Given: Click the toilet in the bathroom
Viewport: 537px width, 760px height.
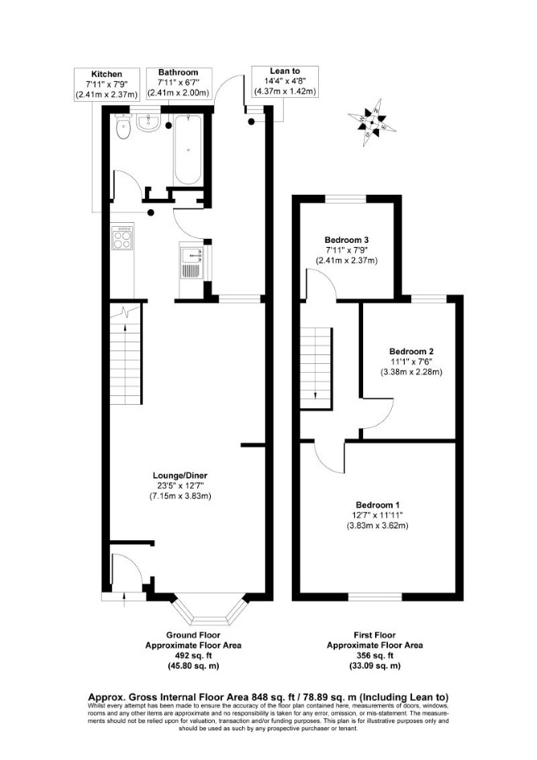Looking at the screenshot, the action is (x=123, y=126).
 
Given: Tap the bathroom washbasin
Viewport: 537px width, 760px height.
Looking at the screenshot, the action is (x=148, y=123).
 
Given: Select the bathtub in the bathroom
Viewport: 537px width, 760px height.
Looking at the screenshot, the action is (x=188, y=150).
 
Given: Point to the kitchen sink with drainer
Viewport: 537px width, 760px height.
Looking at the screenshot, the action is (x=192, y=262).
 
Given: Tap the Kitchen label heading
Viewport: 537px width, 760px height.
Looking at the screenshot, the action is (x=107, y=75).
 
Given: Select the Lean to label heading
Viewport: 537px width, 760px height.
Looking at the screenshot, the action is (x=285, y=71).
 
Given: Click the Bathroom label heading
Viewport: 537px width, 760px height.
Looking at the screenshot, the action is (x=179, y=72).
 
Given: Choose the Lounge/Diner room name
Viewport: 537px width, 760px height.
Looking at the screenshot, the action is (x=180, y=475).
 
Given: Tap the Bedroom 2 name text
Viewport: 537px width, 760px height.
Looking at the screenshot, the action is (x=411, y=351).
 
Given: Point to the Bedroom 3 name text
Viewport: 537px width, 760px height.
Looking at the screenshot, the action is (x=346, y=240).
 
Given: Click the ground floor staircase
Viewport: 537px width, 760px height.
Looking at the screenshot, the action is (x=126, y=354).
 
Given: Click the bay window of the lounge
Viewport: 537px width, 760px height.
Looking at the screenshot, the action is (x=209, y=610).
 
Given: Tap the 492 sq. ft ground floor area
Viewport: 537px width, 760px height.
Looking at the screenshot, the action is (x=193, y=656).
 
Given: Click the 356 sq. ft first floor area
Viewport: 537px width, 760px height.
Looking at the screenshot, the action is (x=374, y=656).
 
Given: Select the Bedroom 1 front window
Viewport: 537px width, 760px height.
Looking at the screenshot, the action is (x=375, y=596).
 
